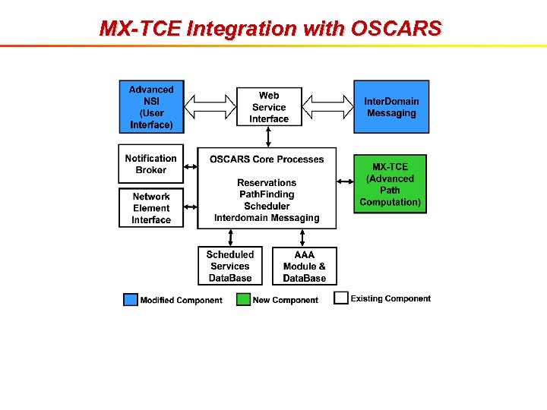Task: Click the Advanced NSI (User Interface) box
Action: point(151,106)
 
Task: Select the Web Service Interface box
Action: point(268,107)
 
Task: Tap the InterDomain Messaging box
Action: point(390,107)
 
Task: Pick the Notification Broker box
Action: point(151,164)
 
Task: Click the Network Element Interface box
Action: point(151,208)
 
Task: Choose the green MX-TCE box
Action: point(390,184)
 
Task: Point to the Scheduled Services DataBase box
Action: point(229,266)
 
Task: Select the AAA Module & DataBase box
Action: point(304,266)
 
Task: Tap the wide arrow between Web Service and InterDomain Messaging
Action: point(326,107)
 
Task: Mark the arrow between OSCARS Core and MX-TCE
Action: point(345,181)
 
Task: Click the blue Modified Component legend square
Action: point(131,300)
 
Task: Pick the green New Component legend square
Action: point(243,300)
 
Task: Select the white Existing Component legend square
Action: point(341,298)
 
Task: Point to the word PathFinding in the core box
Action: point(267,194)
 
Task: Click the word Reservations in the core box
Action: point(267,183)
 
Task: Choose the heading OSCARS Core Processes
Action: point(267,159)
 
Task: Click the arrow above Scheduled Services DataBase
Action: point(229,238)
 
